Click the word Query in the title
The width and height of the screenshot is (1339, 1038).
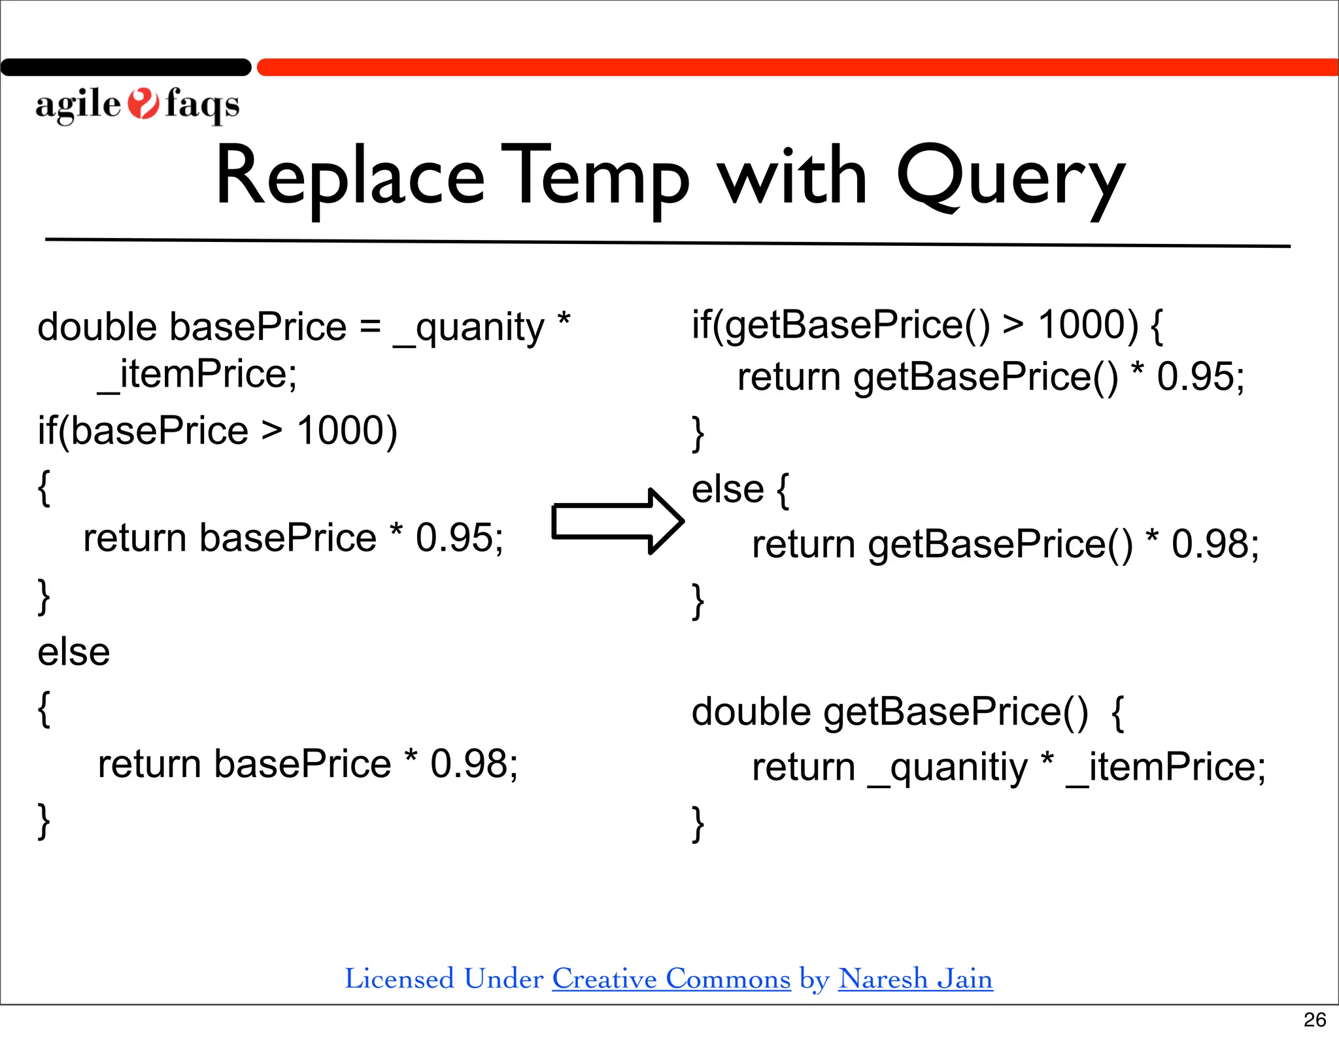[x=1010, y=178]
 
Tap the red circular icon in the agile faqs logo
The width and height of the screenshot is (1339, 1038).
[x=143, y=104]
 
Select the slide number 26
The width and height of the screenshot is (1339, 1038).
[x=1314, y=1020]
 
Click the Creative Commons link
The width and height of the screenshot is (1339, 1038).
[x=671, y=979]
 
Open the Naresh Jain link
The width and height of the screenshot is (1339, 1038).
[x=915, y=979]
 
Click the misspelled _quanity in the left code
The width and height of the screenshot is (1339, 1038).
[x=468, y=328]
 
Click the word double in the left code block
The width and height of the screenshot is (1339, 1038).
[x=97, y=326]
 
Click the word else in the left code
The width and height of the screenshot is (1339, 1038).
[x=73, y=652]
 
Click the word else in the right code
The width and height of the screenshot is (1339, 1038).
[x=727, y=489]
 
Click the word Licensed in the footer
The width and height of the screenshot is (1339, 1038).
[x=399, y=979]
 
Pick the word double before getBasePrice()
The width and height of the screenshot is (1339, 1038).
[x=751, y=712]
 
